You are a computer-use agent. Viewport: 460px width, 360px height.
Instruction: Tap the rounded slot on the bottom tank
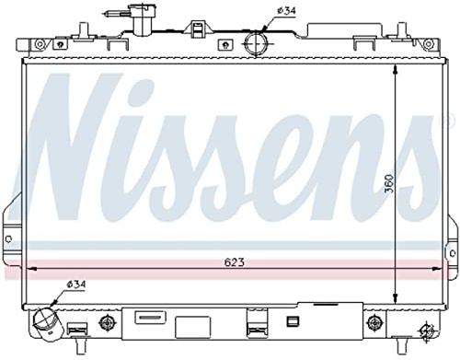tap(148, 318)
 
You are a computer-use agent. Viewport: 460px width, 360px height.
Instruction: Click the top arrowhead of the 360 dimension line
tap(394, 69)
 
